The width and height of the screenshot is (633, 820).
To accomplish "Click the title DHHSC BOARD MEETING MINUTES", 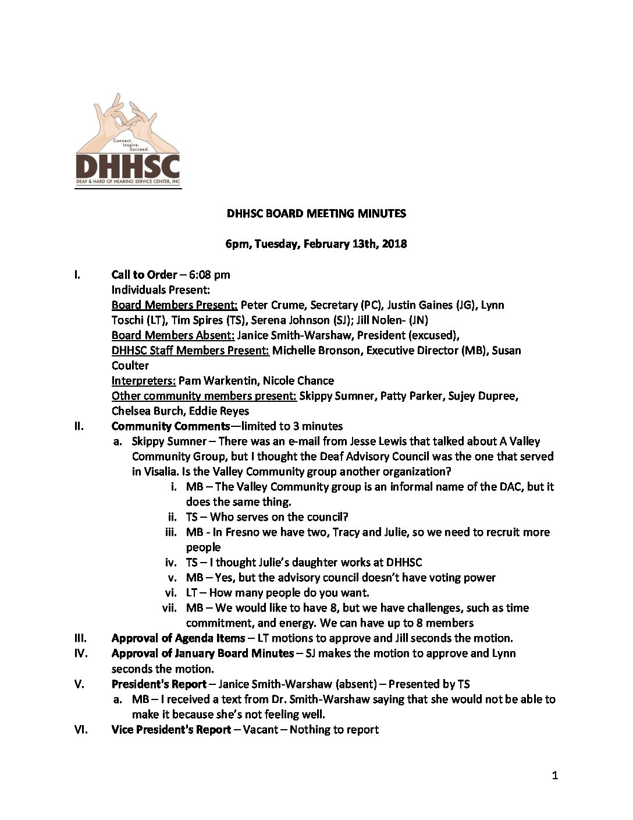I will coord(316,214).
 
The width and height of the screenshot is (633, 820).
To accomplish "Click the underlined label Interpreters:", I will coord(144,381).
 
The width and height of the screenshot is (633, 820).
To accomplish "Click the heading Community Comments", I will coord(170,426).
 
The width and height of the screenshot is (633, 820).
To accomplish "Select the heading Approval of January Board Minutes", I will coord(202,653).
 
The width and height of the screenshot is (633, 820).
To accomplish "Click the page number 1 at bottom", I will coord(555,775).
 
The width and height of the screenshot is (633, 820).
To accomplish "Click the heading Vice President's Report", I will coord(171,730).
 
